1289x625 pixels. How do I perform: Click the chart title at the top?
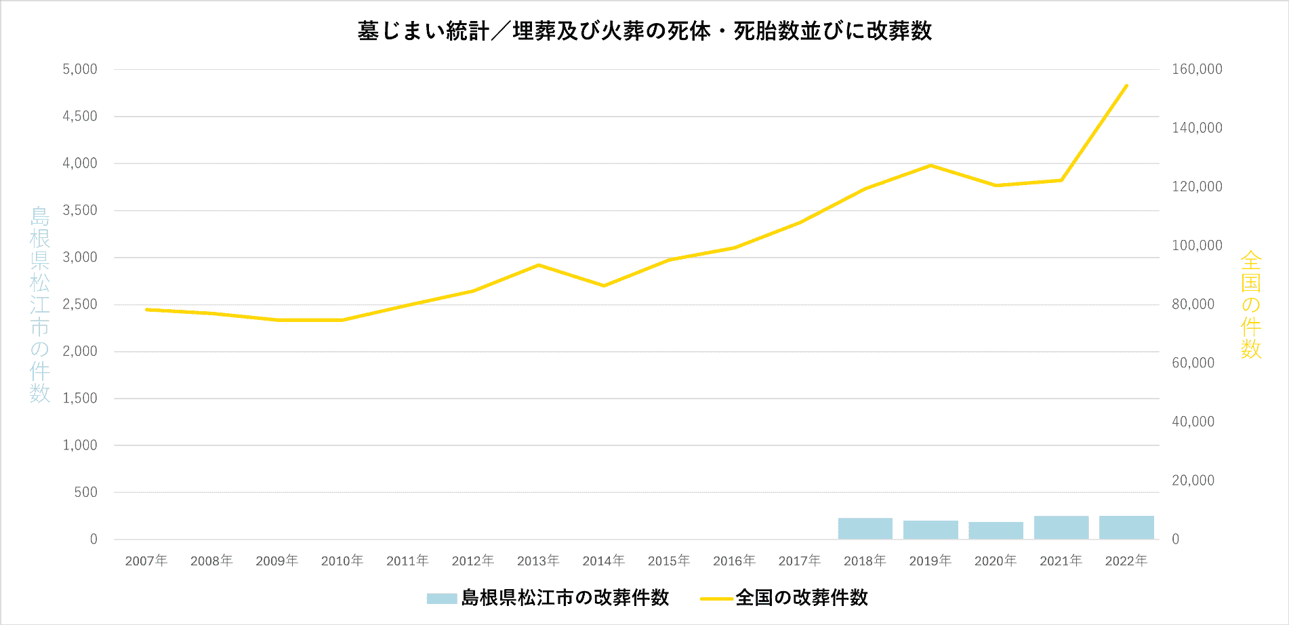(x=644, y=31)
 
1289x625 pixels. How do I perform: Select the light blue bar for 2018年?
(x=865, y=529)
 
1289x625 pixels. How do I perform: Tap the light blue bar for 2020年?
(x=996, y=531)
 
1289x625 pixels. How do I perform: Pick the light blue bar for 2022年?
(x=1126, y=527)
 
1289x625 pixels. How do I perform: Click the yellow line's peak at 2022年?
(x=1126, y=85)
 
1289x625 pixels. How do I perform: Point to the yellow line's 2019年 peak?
(x=930, y=165)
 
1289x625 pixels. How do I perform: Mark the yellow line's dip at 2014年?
(x=604, y=285)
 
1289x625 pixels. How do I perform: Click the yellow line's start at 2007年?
(x=146, y=310)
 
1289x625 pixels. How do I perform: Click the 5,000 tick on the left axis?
(x=80, y=69)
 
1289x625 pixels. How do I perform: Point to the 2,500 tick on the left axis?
(x=80, y=304)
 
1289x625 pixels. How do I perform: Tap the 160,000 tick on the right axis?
(x=1197, y=69)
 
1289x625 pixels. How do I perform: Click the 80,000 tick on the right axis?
(x=1193, y=304)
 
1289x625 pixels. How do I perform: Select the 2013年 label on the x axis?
(x=538, y=561)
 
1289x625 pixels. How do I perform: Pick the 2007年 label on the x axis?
(x=146, y=561)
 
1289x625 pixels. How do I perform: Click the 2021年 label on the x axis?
(x=1061, y=561)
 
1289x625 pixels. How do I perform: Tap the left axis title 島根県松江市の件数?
(x=40, y=304)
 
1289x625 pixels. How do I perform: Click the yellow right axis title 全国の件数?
(x=1250, y=304)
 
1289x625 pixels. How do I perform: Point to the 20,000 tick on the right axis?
(x=1193, y=481)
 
